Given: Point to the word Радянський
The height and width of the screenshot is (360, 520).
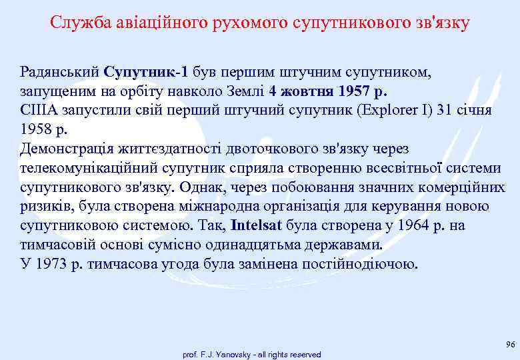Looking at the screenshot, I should coord(60,72).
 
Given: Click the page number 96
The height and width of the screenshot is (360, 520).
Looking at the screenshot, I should coord(511,344).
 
